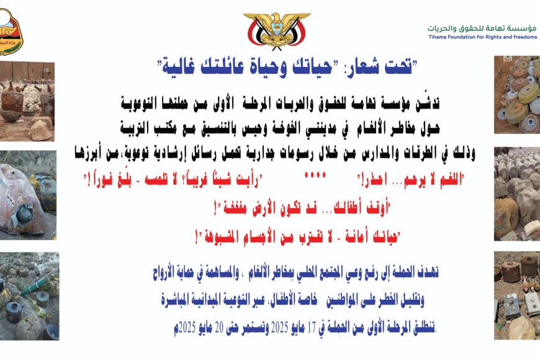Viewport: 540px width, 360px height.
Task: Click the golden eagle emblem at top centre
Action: point(277,31)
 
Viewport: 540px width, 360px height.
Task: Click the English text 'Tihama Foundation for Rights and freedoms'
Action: point(482,37)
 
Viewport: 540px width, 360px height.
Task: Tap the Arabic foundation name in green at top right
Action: point(482,29)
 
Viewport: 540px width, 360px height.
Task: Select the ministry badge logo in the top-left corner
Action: point(11,32)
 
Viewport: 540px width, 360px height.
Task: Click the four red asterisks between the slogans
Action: point(315,175)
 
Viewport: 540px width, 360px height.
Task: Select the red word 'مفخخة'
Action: point(235,209)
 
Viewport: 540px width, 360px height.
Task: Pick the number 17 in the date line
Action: point(312,328)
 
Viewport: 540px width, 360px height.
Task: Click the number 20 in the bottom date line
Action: point(219,328)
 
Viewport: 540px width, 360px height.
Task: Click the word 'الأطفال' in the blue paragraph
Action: point(279,300)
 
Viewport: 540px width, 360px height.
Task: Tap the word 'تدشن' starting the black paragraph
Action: point(428,103)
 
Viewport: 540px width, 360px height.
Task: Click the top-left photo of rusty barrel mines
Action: point(27,101)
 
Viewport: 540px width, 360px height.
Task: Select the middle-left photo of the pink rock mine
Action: point(28,196)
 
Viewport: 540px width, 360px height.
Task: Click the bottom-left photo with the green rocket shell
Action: point(29,296)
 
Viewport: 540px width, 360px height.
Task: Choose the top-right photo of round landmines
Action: point(517,95)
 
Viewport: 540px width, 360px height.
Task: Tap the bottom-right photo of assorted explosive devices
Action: point(517,295)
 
